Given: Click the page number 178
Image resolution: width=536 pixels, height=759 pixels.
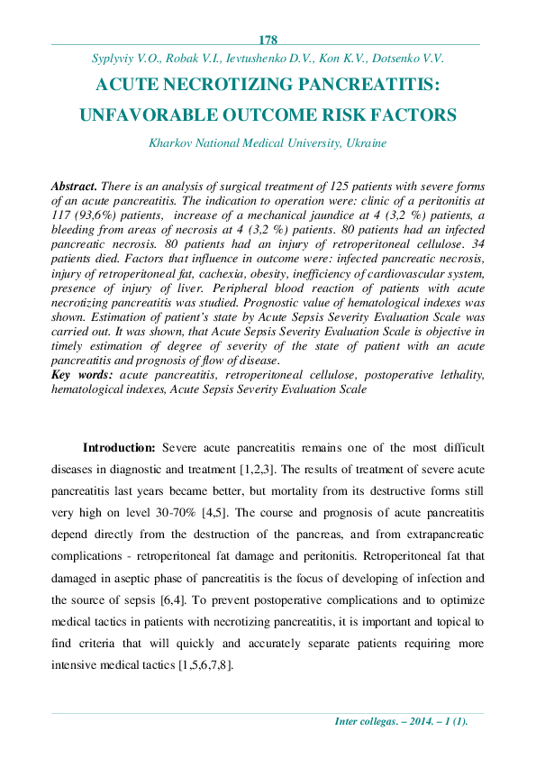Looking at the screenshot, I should point(268,40).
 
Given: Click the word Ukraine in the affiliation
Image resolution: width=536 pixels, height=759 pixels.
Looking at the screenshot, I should point(365,142).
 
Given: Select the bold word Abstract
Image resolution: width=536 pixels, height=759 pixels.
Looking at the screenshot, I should point(75,184).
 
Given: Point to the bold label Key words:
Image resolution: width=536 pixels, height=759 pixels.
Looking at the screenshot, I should point(84,373).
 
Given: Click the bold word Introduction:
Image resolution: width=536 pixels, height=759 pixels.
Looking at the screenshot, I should point(120,448).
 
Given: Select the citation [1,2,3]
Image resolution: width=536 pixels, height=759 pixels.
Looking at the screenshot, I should point(260,470).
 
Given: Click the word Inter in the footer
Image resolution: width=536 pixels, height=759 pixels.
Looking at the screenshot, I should point(347,721).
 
